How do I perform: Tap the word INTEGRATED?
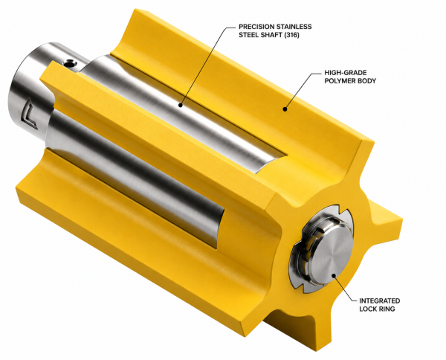(x=379, y=300)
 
